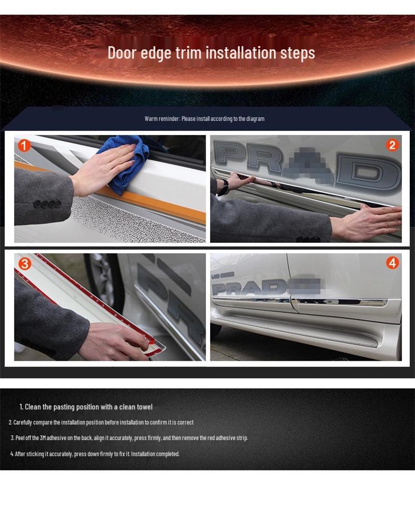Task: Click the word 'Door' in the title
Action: pyautogui.click(x=121, y=53)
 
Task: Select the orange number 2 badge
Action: pyautogui.click(x=392, y=145)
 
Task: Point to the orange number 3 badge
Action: pyautogui.click(x=24, y=263)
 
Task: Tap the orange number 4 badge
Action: pyautogui.click(x=392, y=263)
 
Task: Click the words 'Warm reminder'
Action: pyautogui.click(x=161, y=119)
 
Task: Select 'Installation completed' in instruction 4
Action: pyautogui.click(x=155, y=454)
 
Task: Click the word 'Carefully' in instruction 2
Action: pyautogui.click(x=24, y=422)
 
